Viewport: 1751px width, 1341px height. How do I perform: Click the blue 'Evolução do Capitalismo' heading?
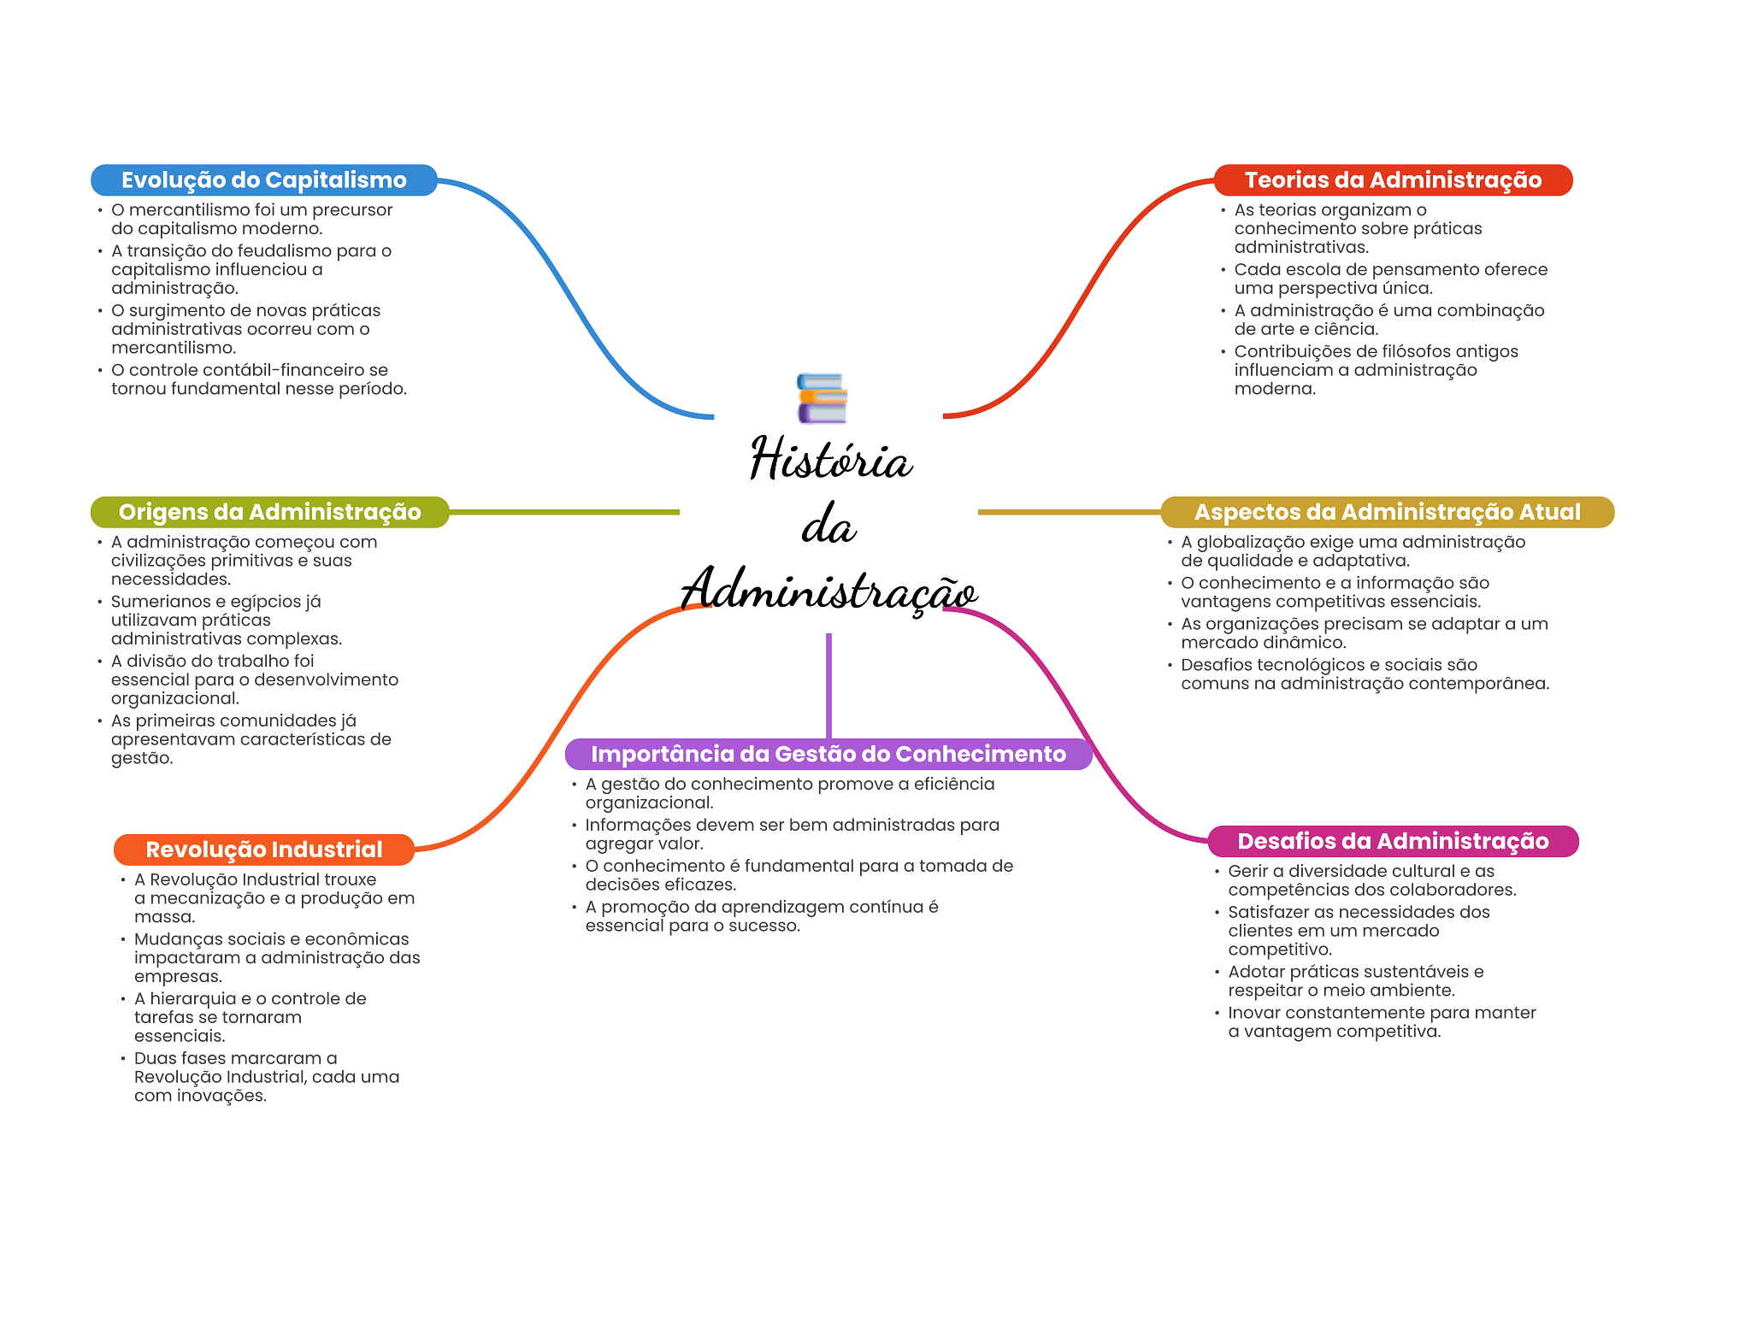[x=263, y=180]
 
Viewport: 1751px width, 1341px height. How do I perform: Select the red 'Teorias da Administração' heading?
[x=1393, y=180]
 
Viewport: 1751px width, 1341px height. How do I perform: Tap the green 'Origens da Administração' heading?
[x=269, y=512]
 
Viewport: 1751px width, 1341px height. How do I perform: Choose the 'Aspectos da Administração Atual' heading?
[x=1387, y=512]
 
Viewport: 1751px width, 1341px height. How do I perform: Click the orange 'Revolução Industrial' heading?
[x=263, y=850]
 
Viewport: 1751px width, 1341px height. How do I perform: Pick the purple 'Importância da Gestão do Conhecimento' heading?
[x=828, y=754]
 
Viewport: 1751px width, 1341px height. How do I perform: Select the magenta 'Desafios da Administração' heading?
[x=1393, y=841]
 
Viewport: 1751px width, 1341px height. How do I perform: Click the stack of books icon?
[x=822, y=398]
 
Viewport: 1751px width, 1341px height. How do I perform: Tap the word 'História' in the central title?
[x=830, y=459]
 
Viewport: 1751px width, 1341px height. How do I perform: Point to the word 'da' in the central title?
[x=828, y=525]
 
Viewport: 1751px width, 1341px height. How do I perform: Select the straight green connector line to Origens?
[x=564, y=512]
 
